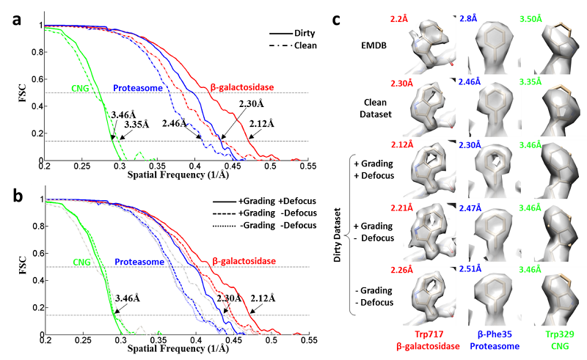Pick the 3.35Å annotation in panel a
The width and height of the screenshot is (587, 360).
tap(139, 124)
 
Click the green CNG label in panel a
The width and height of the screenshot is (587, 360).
tap(82, 89)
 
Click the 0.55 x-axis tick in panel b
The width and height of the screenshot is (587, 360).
tap(307, 341)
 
